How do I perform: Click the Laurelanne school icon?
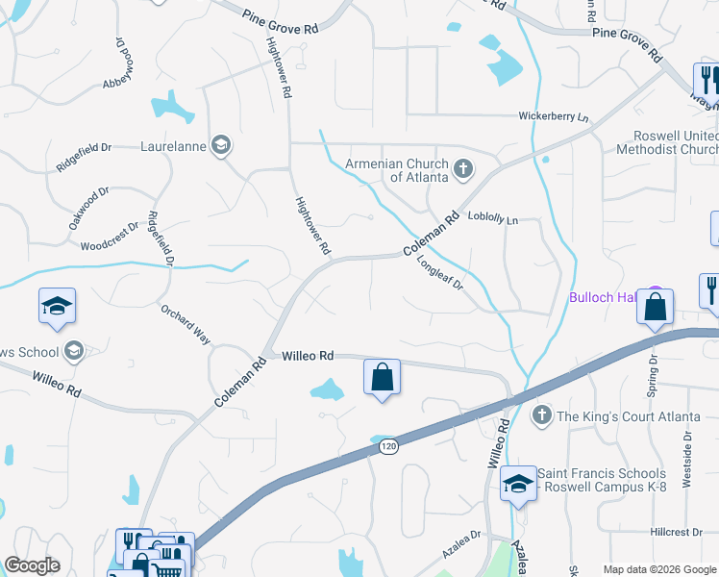tap(220, 146)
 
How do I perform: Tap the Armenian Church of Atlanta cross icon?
tap(462, 170)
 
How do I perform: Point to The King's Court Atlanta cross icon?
tap(541, 415)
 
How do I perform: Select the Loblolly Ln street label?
tap(492, 219)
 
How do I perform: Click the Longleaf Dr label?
tap(441, 272)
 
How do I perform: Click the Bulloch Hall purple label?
tap(605, 297)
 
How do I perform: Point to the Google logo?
tap(32, 565)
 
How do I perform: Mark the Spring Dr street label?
tap(654, 369)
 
